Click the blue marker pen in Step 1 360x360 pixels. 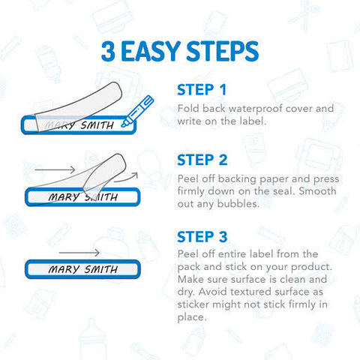click(x=137, y=111)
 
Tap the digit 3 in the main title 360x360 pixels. click(x=108, y=51)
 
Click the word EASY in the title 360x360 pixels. click(x=151, y=51)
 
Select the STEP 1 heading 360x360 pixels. click(x=202, y=90)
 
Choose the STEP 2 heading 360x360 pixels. click(x=202, y=160)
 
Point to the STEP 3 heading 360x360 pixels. click(x=202, y=237)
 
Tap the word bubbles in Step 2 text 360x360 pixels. click(x=238, y=204)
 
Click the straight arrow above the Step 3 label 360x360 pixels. click(x=79, y=253)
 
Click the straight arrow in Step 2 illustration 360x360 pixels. click(x=55, y=169)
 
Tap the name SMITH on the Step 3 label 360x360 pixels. click(x=101, y=269)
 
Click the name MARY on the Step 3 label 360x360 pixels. click(x=64, y=269)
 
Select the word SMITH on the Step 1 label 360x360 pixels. click(x=97, y=125)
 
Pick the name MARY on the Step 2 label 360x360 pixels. click(x=64, y=197)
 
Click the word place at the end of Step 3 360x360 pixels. click(x=192, y=317)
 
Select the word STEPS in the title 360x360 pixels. click(x=223, y=51)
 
